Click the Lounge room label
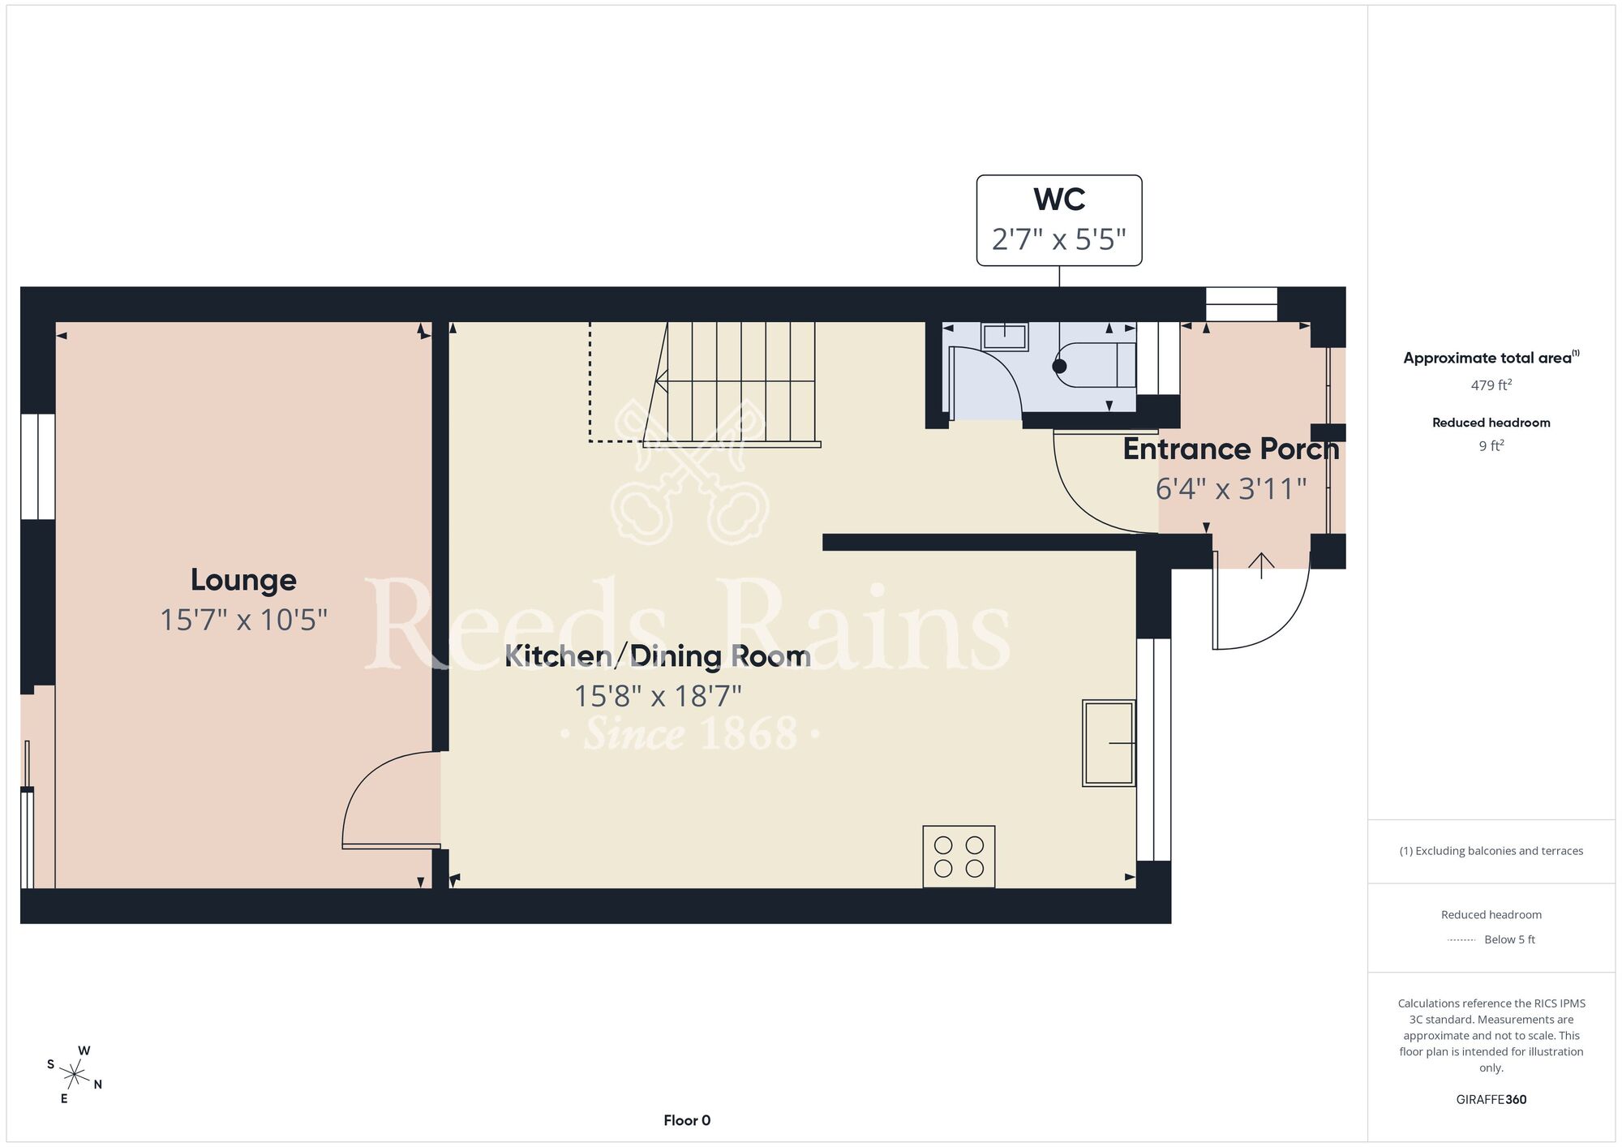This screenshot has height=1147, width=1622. pyautogui.click(x=243, y=580)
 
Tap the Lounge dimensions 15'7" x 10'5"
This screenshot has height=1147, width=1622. pyautogui.click(x=243, y=620)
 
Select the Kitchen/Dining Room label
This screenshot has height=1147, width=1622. pyautogui.click(x=658, y=655)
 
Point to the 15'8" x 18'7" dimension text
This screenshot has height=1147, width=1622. pyautogui.click(x=658, y=696)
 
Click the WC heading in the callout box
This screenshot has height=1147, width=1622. pyautogui.click(x=1059, y=199)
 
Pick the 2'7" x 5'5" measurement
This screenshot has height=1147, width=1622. pyautogui.click(x=1059, y=239)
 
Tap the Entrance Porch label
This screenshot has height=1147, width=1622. pyautogui.click(x=1230, y=449)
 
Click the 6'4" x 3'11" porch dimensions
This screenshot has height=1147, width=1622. pyautogui.click(x=1231, y=488)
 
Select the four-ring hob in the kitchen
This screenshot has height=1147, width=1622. pyautogui.click(x=959, y=857)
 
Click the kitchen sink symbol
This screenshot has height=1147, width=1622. pyautogui.click(x=1109, y=743)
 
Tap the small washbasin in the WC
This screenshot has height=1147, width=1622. pyautogui.click(x=1005, y=336)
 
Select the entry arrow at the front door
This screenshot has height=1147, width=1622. pyautogui.click(x=1262, y=565)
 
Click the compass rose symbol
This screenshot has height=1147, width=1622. pyautogui.click(x=74, y=1076)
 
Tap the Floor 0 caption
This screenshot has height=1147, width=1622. pyautogui.click(x=687, y=1120)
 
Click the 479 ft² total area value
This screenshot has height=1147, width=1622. pyautogui.click(x=1491, y=384)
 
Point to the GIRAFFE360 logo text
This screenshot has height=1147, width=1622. pyautogui.click(x=1491, y=1100)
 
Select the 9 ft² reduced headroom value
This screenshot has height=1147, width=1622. pyautogui.click(x=1491, y=445)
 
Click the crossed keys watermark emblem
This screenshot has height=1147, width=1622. pyautogui.click(x=690, y=471)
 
